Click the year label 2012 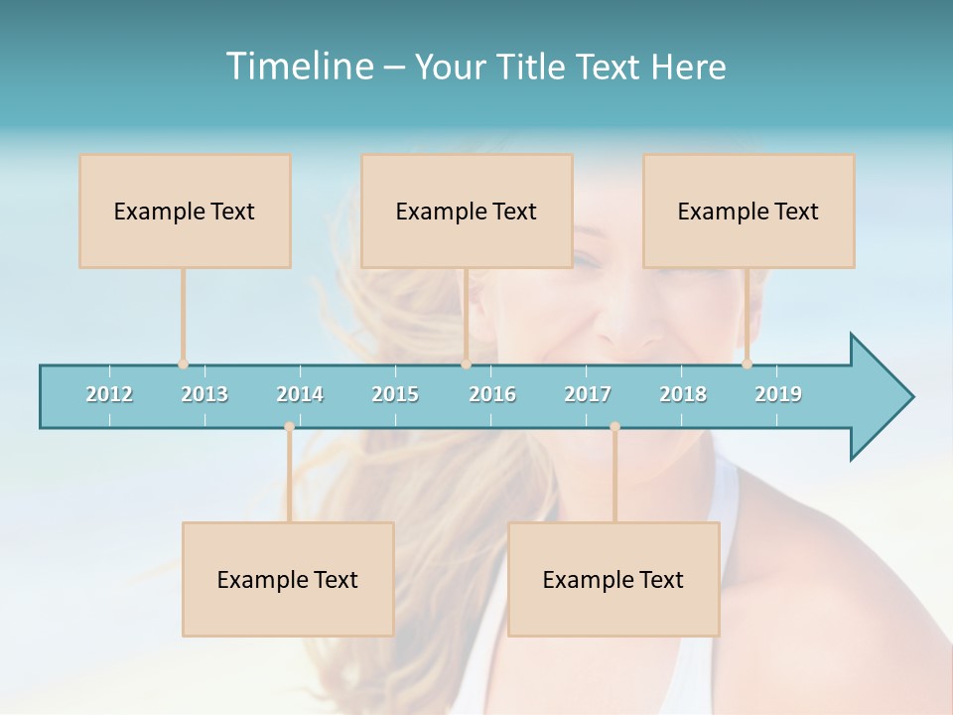(x=109, y=394)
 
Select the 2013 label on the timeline (x=204, y=394)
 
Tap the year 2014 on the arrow (x=300, y=394)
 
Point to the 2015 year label (x=395, y=394)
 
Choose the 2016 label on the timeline (x=492, y=394)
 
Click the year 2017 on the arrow (x=588, y=394)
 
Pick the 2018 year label (x=683, y=394)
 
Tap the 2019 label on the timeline (x=778, y=394)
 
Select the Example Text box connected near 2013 (x=185, y=211)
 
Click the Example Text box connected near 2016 (x=467, y=211)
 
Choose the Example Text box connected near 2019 (x=749, y=211)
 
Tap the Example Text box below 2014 (x=288, y=579)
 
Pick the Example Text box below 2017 (x=613, y=579)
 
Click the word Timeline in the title (x=299, y=66)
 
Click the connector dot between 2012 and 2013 (x=183, y=363)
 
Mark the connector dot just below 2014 (x=289, y=427)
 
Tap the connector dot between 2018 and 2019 (x=747, y=363)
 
